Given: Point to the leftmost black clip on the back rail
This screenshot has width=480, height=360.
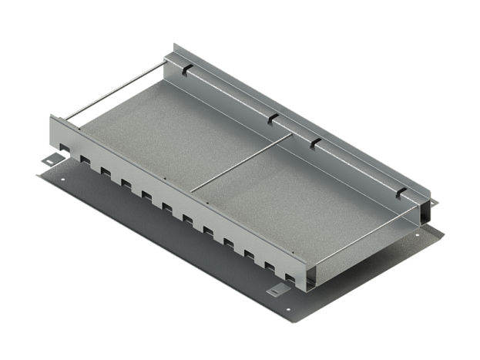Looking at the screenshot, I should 186,69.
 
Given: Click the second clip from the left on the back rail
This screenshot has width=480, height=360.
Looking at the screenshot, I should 272,118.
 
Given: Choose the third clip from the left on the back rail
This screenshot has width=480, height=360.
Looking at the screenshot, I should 314,142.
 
